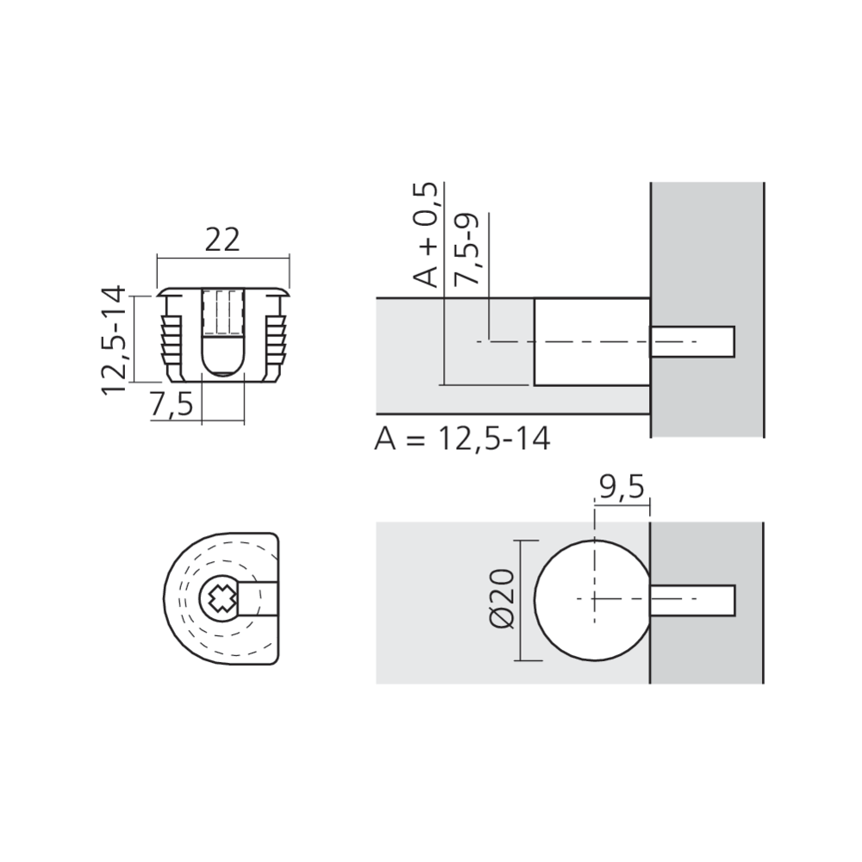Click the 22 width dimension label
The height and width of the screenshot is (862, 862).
(x=222, y=240)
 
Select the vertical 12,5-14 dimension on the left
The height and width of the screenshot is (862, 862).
(x=115, y=340)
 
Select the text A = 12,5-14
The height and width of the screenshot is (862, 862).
(x=462, y=439)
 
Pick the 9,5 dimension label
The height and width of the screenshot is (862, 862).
(x=620, y=489)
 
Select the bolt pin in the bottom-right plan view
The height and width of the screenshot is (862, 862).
(x=692, y=599)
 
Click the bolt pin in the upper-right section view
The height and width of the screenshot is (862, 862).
(x=692, y=341)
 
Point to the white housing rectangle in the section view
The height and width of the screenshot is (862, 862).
(x=590, y=362)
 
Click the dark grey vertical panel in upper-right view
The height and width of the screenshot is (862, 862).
(x=707, y=241)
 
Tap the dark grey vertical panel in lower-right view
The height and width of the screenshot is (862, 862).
(x=707, y=655)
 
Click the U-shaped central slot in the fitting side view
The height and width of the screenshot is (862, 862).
(x=223, y=336)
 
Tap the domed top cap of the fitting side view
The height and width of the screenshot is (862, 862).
(x=223, y=287)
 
